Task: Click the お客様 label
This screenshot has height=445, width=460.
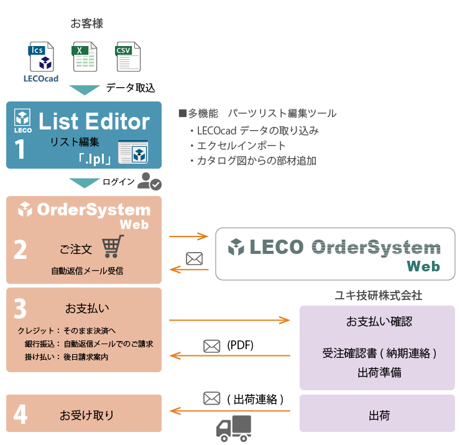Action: tap(86, 24)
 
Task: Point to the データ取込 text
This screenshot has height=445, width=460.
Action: tap(131, 88)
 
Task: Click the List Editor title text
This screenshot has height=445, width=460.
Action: tap(94, 121)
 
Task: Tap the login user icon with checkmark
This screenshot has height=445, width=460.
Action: tap(149, 181)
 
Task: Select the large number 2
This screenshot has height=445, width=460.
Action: tap(21, 250)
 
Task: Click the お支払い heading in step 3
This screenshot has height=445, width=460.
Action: tap(84, 307)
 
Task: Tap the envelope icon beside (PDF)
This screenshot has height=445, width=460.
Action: tap(212, 345)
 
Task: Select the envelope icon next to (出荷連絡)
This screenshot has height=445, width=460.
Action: tap(212, 397)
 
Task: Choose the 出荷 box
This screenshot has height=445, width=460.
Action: tap(377, 413)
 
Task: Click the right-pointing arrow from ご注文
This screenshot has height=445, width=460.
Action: tap(188, 237)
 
